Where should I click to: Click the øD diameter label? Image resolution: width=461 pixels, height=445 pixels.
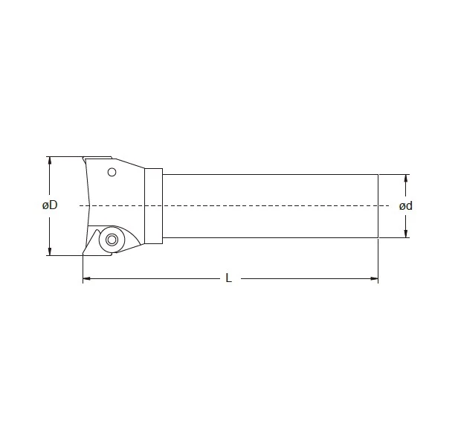coord(50,205)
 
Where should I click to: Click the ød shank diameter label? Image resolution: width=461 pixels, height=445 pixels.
coord(405,206)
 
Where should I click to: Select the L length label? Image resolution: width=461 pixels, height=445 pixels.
coord(229,279)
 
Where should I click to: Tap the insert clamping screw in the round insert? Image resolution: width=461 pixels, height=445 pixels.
coord(112,240)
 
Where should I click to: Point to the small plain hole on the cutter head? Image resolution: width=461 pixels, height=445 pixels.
coord(112,173)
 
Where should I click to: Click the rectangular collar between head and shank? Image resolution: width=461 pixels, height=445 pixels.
coord(153,205)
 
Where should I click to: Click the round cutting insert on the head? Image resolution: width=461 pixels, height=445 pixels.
coord(112,240)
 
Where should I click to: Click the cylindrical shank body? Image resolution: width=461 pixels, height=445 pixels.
coord(268,190)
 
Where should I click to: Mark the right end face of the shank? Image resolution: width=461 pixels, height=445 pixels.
coord(378,206)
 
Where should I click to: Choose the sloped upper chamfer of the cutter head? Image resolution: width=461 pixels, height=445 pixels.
coord(129,165)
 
